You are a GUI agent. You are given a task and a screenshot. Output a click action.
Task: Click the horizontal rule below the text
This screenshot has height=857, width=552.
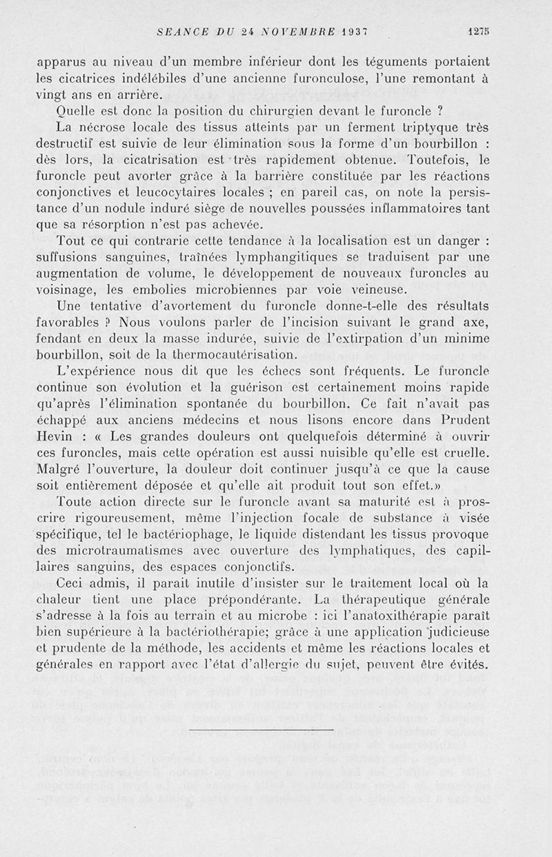[260, 729]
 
